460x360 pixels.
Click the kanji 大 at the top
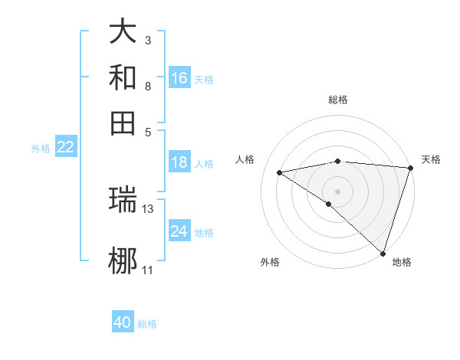click(x=123, y=32)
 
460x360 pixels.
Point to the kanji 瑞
click(x=123, y=200)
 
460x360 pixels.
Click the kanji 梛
click(x=123, y=261)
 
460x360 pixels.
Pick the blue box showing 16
click(x=179, y=77)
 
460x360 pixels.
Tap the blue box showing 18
click(x=179, y=162)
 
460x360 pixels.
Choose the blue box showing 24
click(x=179, y=231)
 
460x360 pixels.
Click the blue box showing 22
click(x=65, y=147)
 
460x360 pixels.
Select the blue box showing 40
click(x=123, y=322)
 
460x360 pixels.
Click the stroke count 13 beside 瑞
click(x=148, y=208)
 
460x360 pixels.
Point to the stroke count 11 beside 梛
click(x=148, y=270)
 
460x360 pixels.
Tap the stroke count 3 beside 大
click(x=148, y=40)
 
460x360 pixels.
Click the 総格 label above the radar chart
click(x=337, y=100)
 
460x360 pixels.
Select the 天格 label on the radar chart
click(x=431, y=159)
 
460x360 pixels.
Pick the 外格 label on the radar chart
click(x=270, y=263)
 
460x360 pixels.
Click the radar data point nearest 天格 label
click(x=410, y=168)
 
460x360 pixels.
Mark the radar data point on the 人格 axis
click(x=280, y=172)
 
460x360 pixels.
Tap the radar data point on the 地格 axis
click(x=383, y=253)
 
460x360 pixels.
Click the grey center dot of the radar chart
click(x=337, y=191)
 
